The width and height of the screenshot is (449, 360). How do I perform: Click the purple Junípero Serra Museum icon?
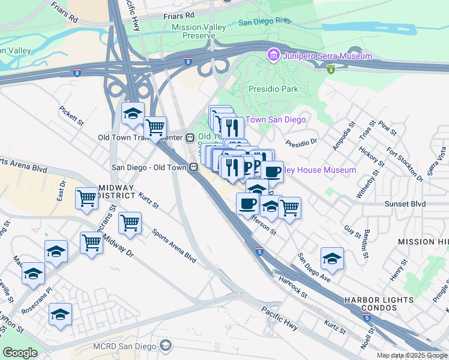tap(274, 56)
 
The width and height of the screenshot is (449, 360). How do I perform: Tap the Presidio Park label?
tap(273, 89)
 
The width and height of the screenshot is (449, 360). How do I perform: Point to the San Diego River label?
tap(265, 22)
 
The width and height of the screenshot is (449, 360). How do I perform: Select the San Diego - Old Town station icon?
tap(194, 168)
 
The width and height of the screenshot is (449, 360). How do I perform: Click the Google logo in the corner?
tap(20, 353)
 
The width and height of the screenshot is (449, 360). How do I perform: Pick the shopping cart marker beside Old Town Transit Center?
tap(155, 127)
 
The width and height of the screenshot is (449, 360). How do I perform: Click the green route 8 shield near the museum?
tap(331, 69)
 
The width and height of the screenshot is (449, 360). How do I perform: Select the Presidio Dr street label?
tap(301, 144)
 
